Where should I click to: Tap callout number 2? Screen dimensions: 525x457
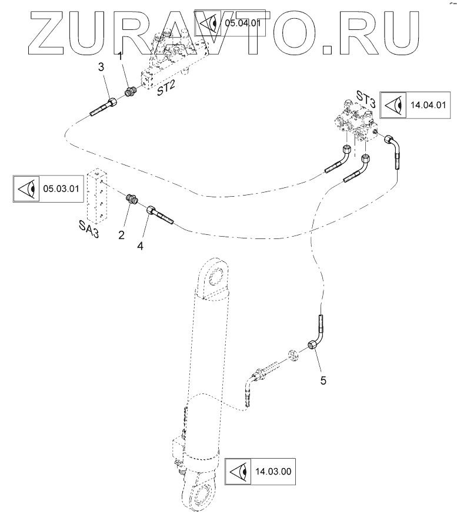[x=121, y=235]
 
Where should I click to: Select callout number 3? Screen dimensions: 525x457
[x=101, y=68]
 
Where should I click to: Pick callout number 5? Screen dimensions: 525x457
[x=322, y=379]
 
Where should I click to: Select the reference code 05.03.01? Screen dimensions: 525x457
[x=61, y=189]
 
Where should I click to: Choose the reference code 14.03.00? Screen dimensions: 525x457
[x=274, y=471]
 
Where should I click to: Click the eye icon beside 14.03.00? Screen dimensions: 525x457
[x=240, y=472]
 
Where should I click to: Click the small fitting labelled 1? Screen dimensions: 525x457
[x=131, y=92]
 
